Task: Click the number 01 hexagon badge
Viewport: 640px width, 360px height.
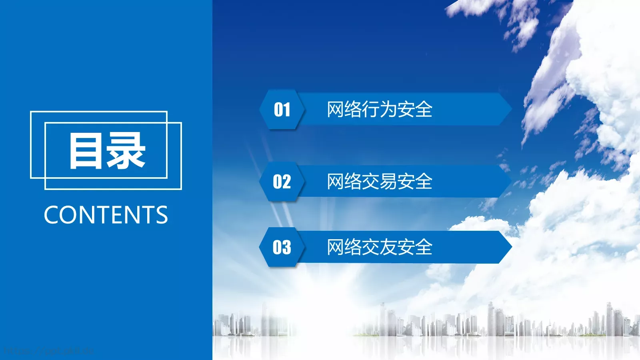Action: click(282, 109)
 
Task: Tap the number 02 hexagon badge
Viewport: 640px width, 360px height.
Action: click(282, 182)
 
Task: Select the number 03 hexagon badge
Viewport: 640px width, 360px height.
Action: click(282, 247)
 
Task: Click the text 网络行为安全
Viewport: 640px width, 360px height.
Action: click(379, 109)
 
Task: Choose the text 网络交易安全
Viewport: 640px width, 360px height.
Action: click(379, 182)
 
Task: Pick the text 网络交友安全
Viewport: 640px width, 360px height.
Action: click(379, 247)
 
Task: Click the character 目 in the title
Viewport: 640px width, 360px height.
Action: click(86, 151)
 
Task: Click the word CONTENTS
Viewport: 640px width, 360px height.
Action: click(106, 215)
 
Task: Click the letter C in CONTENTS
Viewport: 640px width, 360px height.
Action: click(52, 215)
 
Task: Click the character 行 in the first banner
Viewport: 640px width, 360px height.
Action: click(370, 109)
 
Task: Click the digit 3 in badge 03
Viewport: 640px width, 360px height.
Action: click(286, 247)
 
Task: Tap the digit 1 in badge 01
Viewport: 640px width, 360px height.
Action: click(286, 109)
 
